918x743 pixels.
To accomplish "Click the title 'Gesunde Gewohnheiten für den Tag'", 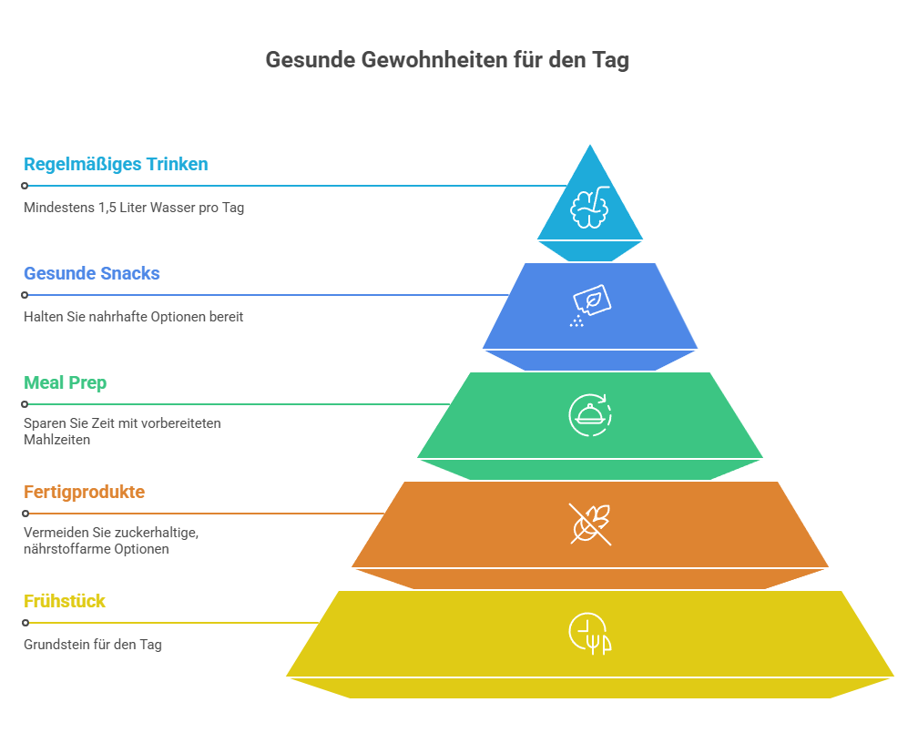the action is (447, 60).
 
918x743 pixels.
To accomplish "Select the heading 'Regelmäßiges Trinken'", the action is (116, 165).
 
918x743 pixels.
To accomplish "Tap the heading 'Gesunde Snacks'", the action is (91, 273).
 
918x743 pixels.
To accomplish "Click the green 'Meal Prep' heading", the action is (65, 383).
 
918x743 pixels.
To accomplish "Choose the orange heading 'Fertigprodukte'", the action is (85, 492).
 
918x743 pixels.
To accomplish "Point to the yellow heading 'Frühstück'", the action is (65, 601).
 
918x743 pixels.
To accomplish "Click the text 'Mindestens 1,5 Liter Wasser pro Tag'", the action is (134, 208).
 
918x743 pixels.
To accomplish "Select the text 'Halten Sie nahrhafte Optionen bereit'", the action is (134, 317).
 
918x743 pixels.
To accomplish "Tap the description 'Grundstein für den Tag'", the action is (93, 645).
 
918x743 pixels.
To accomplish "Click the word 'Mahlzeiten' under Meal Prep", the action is (56, 440).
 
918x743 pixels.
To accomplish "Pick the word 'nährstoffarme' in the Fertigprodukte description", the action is (67, 549).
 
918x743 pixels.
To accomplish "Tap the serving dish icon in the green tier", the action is (590, 415).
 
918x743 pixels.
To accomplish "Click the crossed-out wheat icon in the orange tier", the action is (590, 524).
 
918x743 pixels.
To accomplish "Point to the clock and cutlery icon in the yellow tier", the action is (590, 634).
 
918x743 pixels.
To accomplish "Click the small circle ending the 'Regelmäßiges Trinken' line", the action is (25, 186).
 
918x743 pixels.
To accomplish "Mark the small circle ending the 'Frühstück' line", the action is (25, 623).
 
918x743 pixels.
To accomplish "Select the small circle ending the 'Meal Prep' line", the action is (25, 404).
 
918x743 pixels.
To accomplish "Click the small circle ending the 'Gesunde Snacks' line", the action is (25, 295).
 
